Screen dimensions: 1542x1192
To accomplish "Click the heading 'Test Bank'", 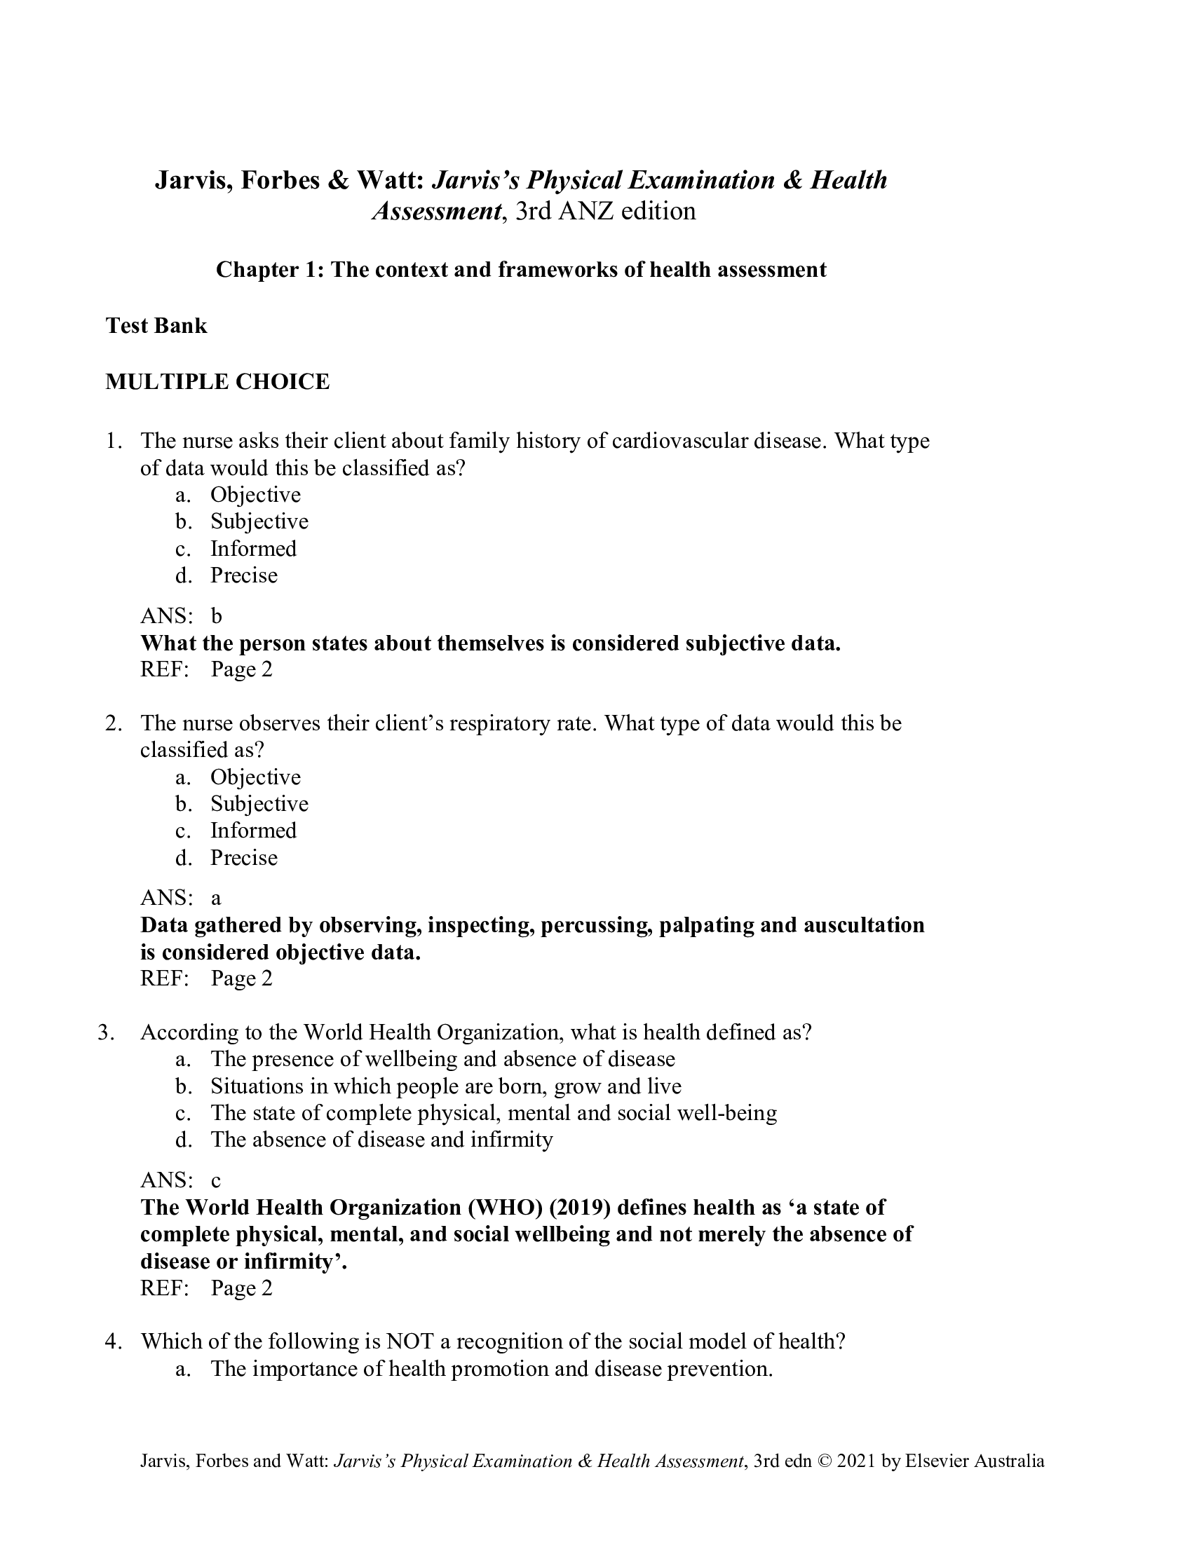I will [x=156, y=325].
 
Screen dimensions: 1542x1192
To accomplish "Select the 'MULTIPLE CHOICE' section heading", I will [x=217, y=382].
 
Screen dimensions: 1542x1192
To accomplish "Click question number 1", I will [x=113, y=442].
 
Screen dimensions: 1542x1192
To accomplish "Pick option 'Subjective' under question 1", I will [x=259, y=521].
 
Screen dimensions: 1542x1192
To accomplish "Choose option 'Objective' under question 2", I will [x=255, y=777].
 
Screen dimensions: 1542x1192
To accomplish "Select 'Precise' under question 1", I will [x=243, y=575].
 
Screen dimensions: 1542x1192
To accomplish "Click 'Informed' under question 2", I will [x=253, y=831].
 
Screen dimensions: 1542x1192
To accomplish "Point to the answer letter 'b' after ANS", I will [x=216, y=616].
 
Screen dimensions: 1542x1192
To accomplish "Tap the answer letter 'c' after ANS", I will [x=216, y=1180].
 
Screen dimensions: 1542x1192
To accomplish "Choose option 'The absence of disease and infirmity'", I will [x=381, y=1140].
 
